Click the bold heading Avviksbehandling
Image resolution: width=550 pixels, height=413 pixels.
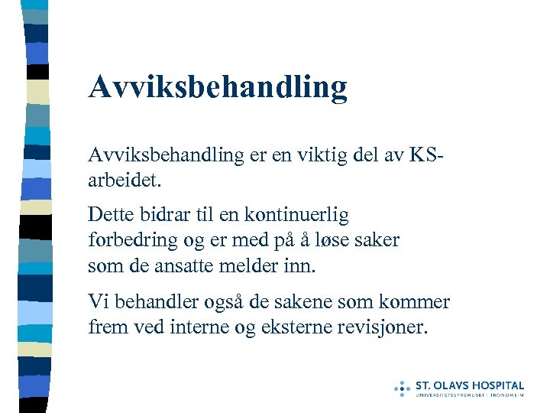tap(218, 88)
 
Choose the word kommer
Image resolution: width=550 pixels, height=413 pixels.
tap(420, 301)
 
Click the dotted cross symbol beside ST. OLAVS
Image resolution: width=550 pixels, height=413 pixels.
tap(402, 387)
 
